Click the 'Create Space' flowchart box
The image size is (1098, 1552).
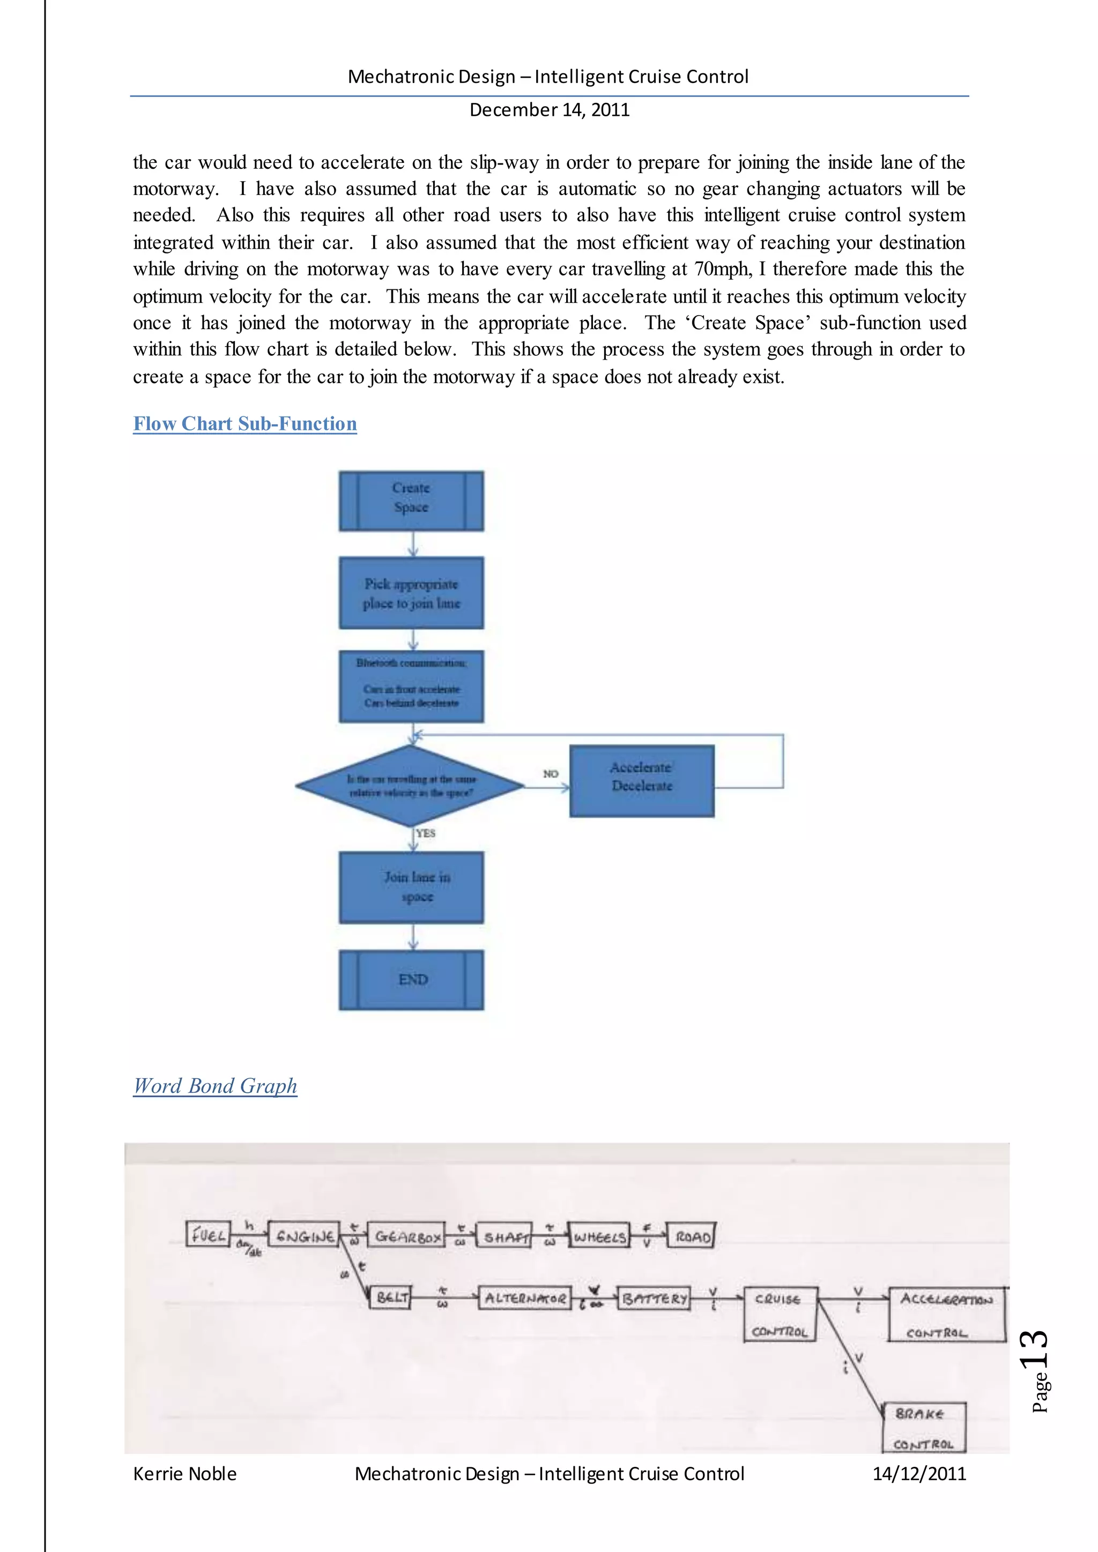411,501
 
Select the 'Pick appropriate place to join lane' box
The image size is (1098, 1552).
411,593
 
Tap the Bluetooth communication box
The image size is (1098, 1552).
411,686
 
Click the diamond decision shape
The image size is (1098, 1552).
410,786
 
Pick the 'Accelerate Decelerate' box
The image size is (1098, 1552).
642,781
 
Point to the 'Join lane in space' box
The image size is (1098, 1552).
411,887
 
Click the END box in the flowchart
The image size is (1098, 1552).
411,980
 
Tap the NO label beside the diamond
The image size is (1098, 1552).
551,773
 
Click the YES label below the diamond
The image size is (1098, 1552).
425,833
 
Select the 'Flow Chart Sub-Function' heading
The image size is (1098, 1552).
245,424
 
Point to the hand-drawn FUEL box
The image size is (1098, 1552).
207,1234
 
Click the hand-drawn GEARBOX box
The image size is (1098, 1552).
406,1236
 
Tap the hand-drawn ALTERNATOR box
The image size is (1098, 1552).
525,1298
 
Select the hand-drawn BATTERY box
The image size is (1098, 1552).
654,1298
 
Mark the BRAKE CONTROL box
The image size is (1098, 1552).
924,1428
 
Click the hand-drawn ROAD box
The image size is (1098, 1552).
691,1236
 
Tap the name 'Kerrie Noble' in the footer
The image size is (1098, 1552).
184,1474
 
